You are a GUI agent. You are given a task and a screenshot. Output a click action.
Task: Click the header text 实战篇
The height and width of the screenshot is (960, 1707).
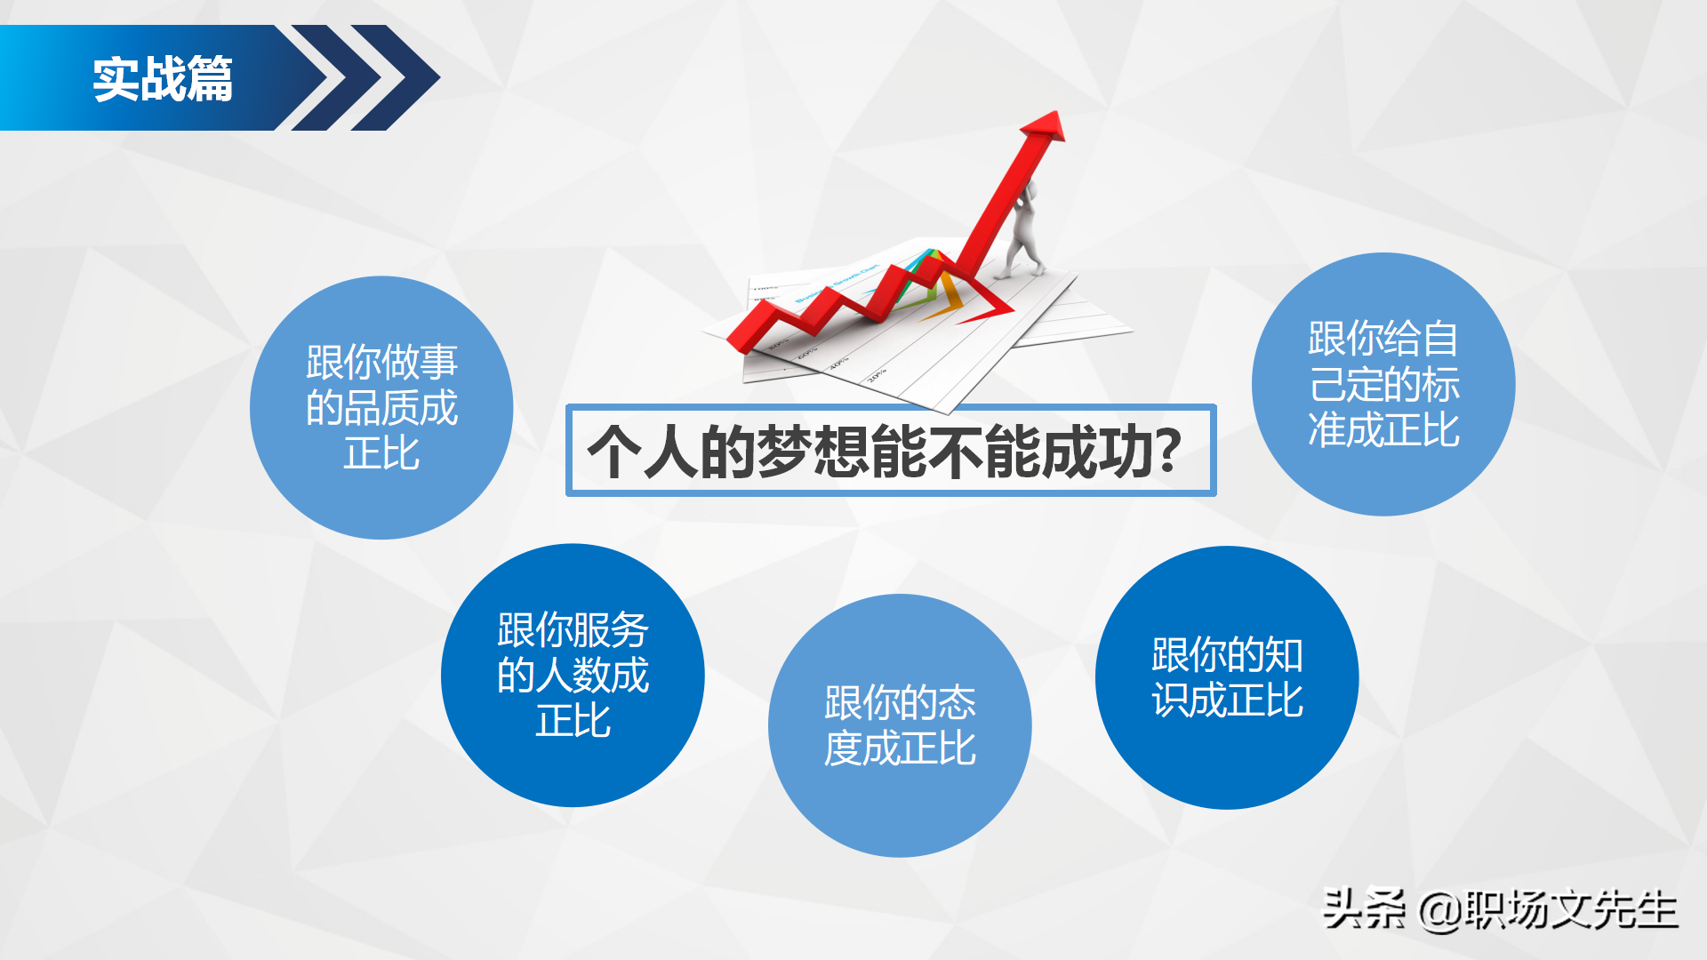point(163,78)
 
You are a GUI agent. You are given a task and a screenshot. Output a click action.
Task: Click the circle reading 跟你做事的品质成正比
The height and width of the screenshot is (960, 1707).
point(381,407)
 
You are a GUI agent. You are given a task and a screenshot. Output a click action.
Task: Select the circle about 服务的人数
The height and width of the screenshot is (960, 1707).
point(573,676)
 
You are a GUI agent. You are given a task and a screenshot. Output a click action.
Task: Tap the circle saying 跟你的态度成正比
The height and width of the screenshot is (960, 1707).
point(900,725)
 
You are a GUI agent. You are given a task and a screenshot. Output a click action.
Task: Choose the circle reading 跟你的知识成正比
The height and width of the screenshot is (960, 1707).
point(1227,677)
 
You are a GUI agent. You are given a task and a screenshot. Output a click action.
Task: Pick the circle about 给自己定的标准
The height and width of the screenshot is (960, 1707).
point(1383,384)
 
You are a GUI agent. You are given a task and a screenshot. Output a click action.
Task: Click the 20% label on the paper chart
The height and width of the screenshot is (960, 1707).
point(877,374)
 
